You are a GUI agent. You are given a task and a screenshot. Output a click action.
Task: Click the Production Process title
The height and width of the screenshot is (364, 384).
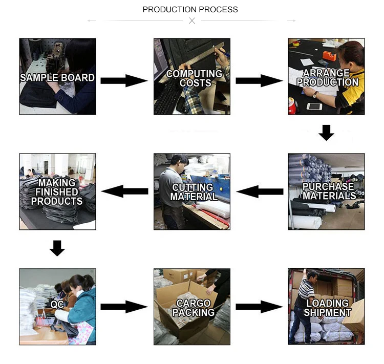[190, 9]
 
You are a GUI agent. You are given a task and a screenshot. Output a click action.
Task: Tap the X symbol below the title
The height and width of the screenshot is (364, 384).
[192, 21]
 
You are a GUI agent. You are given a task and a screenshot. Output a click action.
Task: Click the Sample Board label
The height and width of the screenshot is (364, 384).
[57, 78]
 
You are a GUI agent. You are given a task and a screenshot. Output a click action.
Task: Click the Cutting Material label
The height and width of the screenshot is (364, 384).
[194, 192]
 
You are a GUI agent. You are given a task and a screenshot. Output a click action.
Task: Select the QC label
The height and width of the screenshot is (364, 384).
[57, 304]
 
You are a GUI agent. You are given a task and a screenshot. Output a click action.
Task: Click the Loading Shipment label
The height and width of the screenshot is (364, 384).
[328, 308]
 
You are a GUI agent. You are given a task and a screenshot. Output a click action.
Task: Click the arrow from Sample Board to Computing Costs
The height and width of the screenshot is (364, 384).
[124, 80]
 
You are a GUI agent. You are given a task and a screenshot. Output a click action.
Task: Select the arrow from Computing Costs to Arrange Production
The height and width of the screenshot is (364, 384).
[259, 80]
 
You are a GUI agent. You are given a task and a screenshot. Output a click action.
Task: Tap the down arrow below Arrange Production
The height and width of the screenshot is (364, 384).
[326, 133]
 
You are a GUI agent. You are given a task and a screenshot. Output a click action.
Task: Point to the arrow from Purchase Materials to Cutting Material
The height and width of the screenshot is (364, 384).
[259, 192]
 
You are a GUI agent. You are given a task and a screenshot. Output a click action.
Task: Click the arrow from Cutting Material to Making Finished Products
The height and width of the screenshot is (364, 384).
[124, 191]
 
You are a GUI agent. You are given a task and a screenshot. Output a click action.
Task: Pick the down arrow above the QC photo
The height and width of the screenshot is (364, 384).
[57, 248]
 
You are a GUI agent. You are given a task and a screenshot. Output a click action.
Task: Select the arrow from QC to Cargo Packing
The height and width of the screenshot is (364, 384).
[124, 307]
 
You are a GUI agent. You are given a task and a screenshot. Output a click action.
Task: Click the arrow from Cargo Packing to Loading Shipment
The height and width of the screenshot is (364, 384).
[259, 307]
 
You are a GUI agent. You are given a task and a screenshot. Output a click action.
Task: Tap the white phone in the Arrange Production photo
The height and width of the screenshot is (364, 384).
[314, 106]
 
